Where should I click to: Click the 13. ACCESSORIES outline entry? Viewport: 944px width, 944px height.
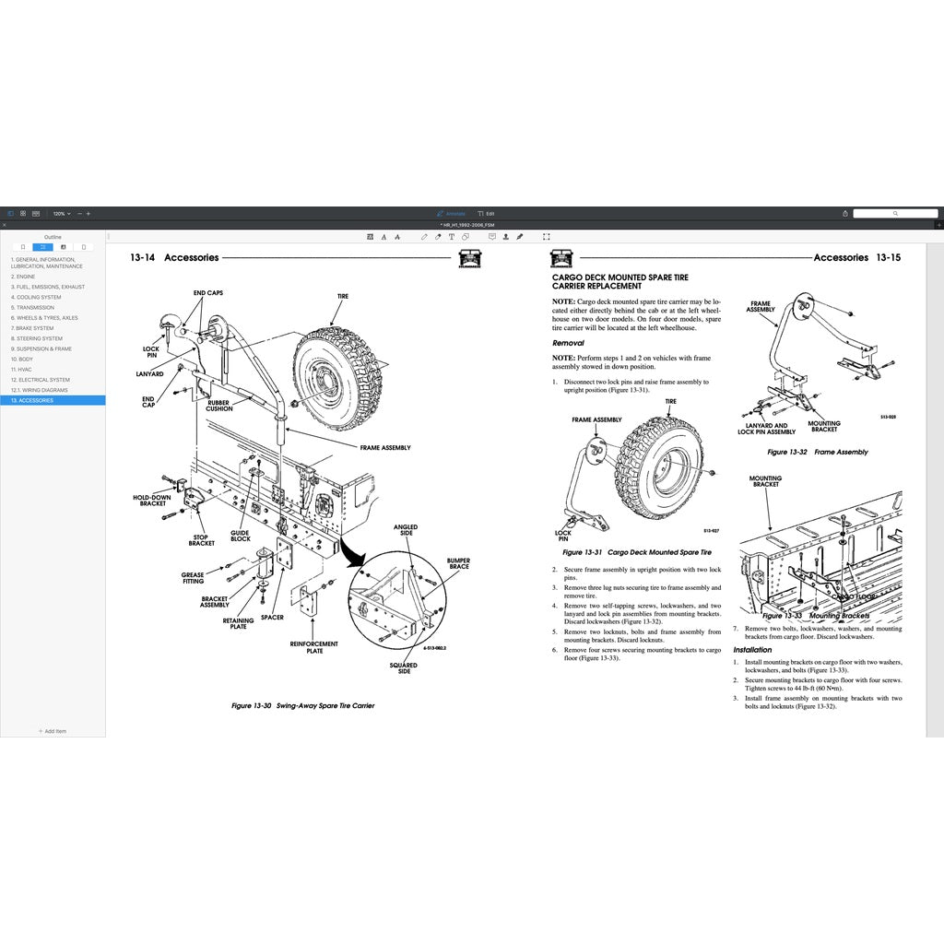[x=32, y=400]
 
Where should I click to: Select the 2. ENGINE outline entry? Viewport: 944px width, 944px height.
[x=23, y=277]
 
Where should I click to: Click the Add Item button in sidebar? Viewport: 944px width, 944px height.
[x=53, y=731]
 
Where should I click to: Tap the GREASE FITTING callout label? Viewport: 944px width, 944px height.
[x=193, y=578]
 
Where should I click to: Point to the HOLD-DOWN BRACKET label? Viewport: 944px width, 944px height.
[x=152, y=501]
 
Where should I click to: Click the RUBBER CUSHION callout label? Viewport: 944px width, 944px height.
[x=219, y=406]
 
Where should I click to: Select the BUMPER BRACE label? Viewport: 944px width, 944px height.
[x=458, y=562]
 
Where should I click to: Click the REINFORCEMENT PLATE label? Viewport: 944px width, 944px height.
[x=314, y=647]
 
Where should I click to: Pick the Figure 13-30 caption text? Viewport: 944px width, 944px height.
[x=302, y=705]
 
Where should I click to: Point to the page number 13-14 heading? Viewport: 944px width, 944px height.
[x=143, y=258]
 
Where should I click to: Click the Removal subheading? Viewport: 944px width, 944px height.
[x=568, y=343]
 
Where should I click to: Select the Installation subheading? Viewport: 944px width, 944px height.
[x=752, y=650]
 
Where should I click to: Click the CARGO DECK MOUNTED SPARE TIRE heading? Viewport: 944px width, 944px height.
[x=619, y=277]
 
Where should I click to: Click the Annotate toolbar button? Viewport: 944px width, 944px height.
[x=452, y=213]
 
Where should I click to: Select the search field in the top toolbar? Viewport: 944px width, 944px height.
[x=894, y=213]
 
